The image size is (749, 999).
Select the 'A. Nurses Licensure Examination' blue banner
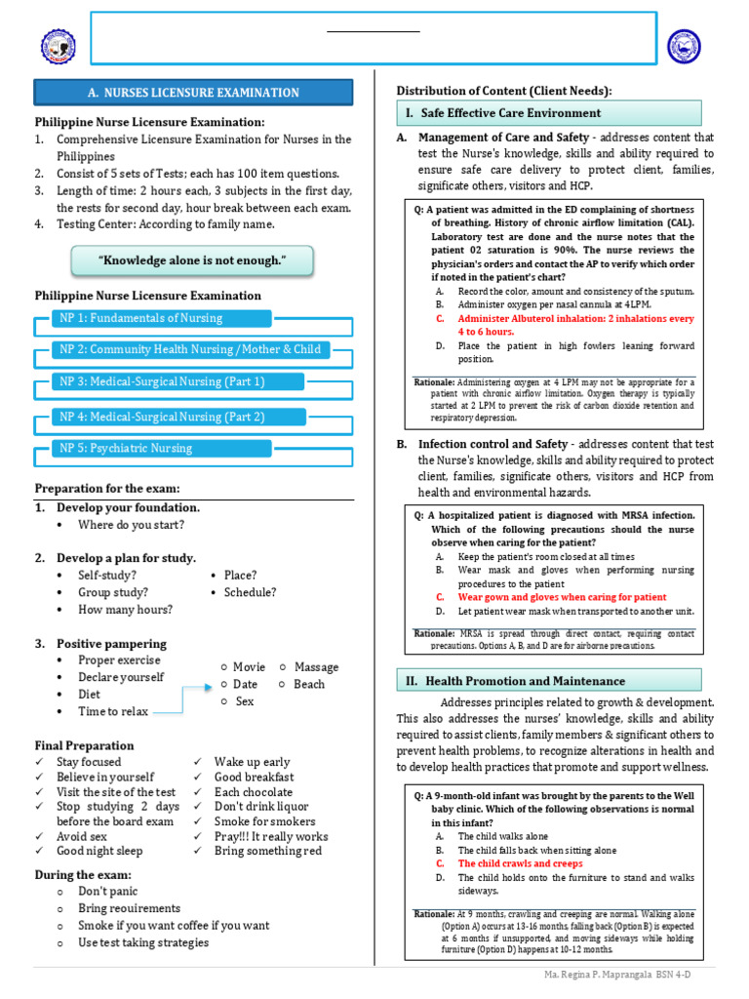coord(194,93)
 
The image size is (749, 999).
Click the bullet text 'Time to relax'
coord(113,711)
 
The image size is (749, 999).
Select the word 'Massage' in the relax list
coord(316,667)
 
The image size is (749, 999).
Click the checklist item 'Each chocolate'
coord(254,792)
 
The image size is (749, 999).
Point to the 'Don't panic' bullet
coord(108,892)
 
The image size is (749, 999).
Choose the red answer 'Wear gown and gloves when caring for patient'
coord(562,597)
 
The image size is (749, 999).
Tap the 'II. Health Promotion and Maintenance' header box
coord(548,680)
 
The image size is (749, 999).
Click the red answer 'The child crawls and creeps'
coord(520,863)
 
